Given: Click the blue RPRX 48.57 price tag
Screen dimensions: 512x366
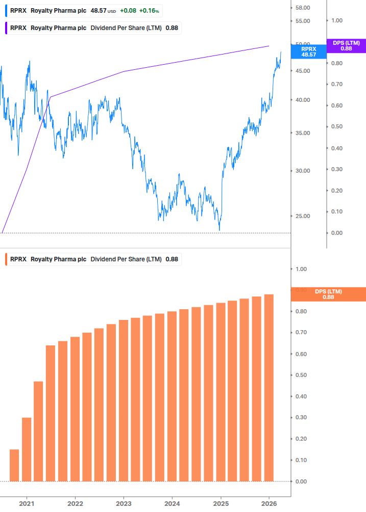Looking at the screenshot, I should pyautogui.click(x=308, y=51).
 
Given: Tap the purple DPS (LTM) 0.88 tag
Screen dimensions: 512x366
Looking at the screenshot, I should pyautogui.click(x=346, y=45).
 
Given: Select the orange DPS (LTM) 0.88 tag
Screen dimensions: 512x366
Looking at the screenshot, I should pyautogui.click(x=328, y=294).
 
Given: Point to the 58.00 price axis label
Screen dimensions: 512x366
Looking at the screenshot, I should pyautogui.click(x=303, y=8).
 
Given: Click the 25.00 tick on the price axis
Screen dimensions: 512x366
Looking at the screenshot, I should pyautogui.click(x=303, y=216).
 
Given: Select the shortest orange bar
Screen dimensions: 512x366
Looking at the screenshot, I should pyautogui.click(x=14, y=465).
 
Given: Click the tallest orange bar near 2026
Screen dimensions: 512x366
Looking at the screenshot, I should pyautogui.click(x=269, y=388).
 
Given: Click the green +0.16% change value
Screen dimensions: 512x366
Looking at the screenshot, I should pyautogui.click(x=149, y=11).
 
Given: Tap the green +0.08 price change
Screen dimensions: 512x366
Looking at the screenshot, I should pyautogui.click(x=128, y=11).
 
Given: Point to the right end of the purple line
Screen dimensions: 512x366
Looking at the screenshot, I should pyautogui.click(x=269, y=46).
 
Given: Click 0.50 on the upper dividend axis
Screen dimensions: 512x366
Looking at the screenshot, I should pyautogui.click(x=336, y=126).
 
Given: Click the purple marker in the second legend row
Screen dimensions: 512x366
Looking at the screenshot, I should pyautogui.click(x=6, y=28).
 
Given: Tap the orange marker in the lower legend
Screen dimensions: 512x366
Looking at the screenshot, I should pyautogui.click(x=6, y=259).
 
